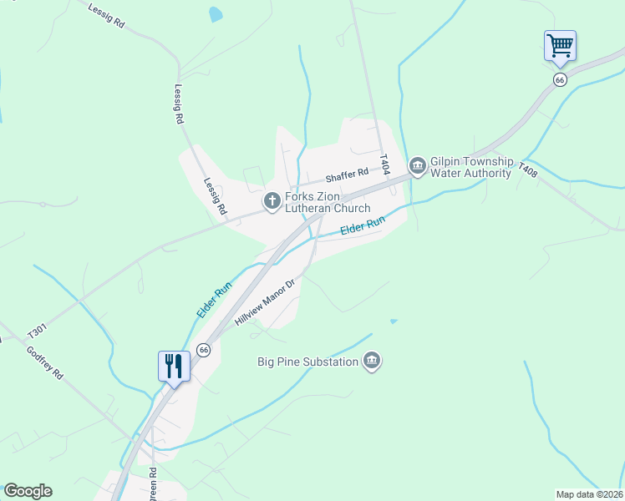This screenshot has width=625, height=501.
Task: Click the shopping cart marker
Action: (x=560, y=45)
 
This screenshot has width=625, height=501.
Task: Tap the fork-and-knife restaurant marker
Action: (x=174, y=367)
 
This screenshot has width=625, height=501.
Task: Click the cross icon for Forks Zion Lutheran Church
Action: (x=272, y=200)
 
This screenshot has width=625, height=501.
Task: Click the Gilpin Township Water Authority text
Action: (x=470, y=167)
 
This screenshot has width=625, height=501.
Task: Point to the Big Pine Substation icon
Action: (x=373, y=362)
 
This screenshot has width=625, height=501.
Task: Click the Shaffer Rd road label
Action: (x=347, y=174)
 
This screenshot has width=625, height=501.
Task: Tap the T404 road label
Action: (x=384, y=163)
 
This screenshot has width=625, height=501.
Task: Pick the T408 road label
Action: (x=526, y=170)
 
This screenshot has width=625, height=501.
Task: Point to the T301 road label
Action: (x=38, y=331)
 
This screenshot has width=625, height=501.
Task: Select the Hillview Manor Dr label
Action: (x=266, y=302)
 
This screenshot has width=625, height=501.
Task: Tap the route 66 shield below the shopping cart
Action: (x=560, y=78)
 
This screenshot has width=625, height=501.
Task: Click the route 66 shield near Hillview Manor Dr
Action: (x=203, y=349)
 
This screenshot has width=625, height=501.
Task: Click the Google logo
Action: (x=28, y=491)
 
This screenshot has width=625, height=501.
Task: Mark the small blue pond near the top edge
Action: (x=216, y=14)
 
